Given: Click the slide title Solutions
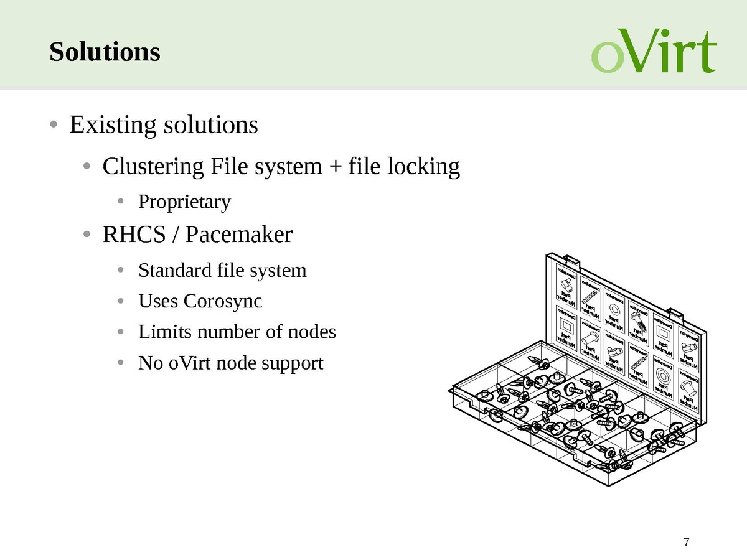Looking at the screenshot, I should coord(105,52).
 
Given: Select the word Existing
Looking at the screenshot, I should coord(113,125).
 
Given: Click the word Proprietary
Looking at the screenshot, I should coord(184,202).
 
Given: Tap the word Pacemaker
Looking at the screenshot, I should coord(239,235).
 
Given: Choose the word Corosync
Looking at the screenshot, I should coord(223,301).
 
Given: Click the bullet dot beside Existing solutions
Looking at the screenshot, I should coord(54,124).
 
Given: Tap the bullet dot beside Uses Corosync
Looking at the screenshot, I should coord(122,301).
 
